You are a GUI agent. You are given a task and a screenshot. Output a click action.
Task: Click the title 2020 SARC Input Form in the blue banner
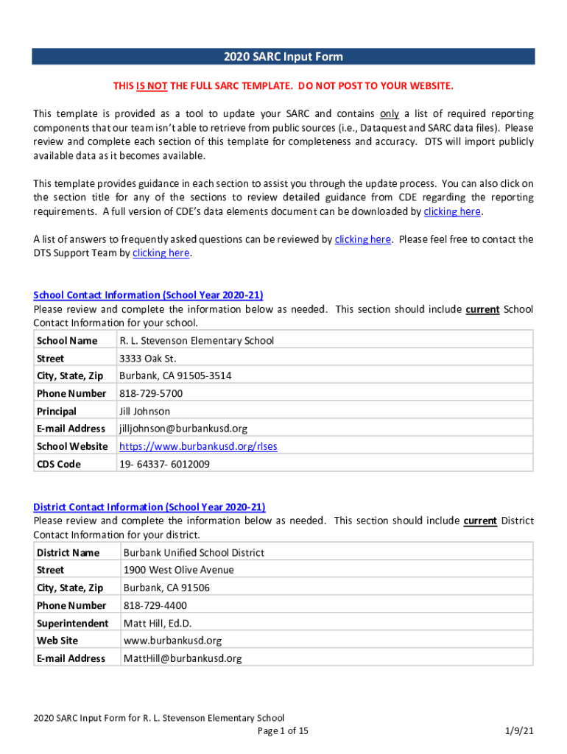click(x=283, y=57)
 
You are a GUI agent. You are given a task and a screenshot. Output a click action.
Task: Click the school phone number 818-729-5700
click(x=151, y=393)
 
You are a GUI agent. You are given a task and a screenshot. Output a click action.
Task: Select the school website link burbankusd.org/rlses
click(x=198, y=446)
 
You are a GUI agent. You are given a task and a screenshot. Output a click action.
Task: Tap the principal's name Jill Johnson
click(x=144, y=411)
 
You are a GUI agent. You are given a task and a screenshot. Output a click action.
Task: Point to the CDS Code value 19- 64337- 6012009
click(x=164, y=464)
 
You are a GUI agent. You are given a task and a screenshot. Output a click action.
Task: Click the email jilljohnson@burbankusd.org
click(x=183, y=429)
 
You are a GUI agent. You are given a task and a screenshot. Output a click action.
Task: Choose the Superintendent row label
click(x=72, y=623)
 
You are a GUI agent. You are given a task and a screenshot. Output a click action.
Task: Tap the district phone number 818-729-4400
click(x=155, y=605)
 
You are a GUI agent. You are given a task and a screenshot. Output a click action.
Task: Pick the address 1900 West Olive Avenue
click(x=178, y=570)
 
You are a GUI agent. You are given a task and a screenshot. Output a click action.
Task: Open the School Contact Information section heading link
click(x=148, y=295)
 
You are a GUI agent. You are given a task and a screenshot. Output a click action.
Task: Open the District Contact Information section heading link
click(x=149, y=507)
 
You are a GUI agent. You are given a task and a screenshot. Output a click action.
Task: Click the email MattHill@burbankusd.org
click(x=182, y=658)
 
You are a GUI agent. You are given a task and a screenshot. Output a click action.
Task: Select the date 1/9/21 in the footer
click(x=518, y=730)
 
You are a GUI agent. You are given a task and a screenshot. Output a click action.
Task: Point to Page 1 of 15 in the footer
click(x=283, y=730)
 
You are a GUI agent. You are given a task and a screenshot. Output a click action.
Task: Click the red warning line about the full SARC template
click(x=283, y=86)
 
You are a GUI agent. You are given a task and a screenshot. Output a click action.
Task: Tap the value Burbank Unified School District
click(x=194, y=552)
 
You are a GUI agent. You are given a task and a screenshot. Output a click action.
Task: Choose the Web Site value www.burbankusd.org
click(x=172, y=641)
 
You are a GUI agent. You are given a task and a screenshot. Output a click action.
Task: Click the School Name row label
click(x=67, y=341)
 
